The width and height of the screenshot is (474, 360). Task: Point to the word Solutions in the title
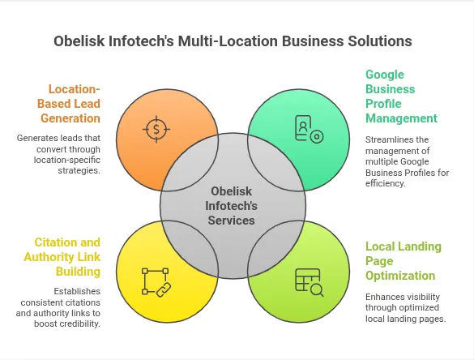point(378,41)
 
